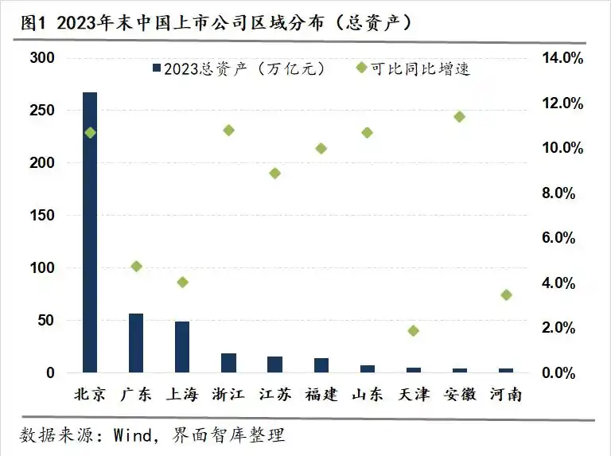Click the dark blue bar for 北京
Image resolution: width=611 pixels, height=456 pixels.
[x=90, y=232]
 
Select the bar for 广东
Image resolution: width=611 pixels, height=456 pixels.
[x=136, y=343]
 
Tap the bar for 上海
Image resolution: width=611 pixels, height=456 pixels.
[x=182, y=347]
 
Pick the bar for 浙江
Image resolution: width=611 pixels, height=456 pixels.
[x=228, y=363]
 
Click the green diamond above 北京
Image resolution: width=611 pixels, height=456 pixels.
[x=90, y=133]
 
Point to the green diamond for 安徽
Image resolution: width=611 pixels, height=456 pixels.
[x=459, y=117]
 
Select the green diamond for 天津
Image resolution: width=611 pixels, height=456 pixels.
[x=413, y=330]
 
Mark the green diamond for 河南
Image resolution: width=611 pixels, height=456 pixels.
[x=506, y=295]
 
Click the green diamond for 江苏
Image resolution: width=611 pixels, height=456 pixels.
[x=274, y=173]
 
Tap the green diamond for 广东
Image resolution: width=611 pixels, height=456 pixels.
[x=136, y=266]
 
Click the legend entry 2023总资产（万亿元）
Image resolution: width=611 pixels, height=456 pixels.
[x=239, y=68]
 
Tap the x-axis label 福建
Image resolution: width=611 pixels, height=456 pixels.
[x=321, y=394]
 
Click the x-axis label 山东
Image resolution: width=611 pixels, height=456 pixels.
[x=367, y=394]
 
